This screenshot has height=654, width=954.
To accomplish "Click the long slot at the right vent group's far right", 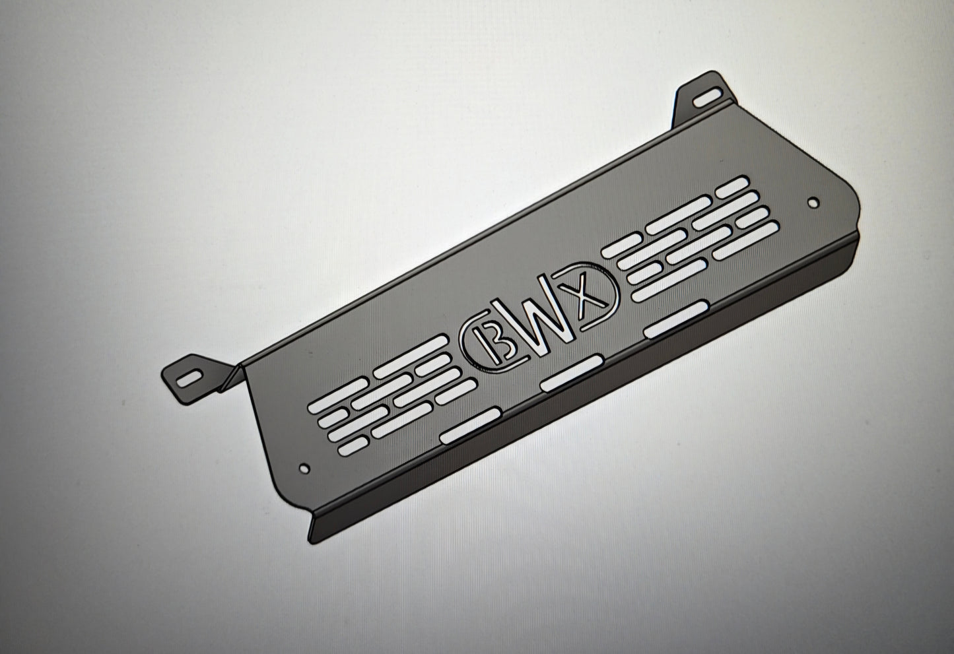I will tap(742, 243).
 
